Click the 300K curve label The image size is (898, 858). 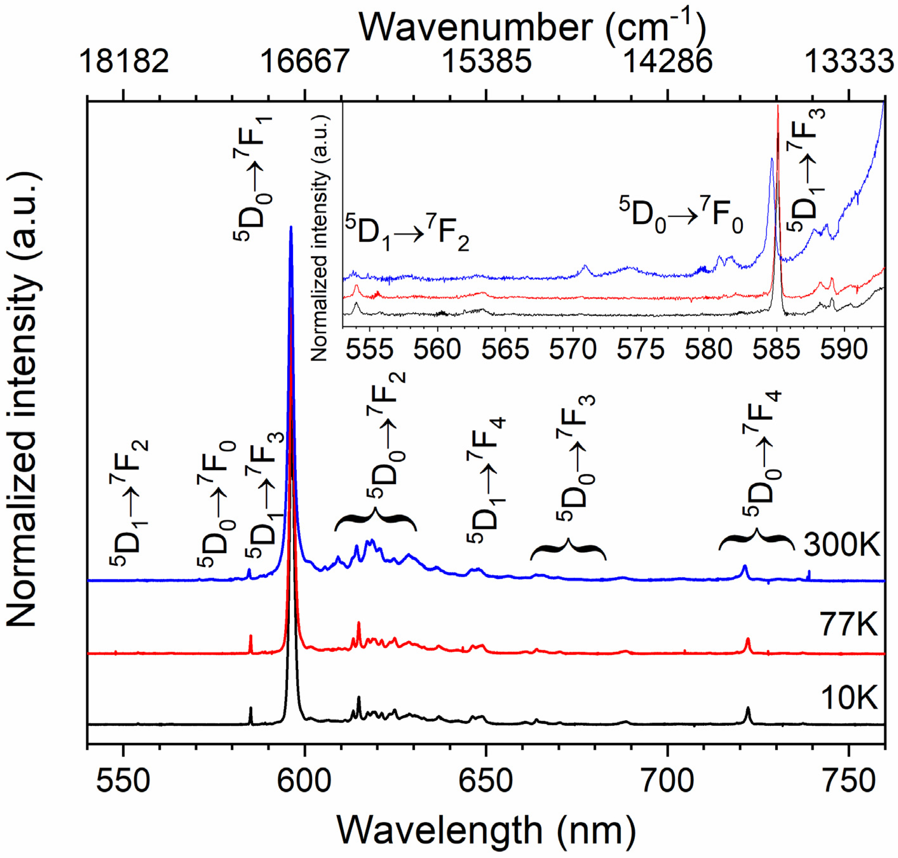pyautogui.click(x=841, y=545)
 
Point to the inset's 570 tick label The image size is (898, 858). pyautogui.click(x=573, y=350)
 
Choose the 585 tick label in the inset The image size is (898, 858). pyautogui.click(x=777, y=350)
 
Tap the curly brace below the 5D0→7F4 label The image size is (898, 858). pyautogui.click(x=756, y=540)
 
